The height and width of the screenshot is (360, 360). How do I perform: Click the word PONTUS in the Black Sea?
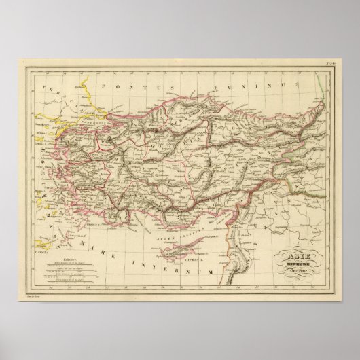pos(122,88)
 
